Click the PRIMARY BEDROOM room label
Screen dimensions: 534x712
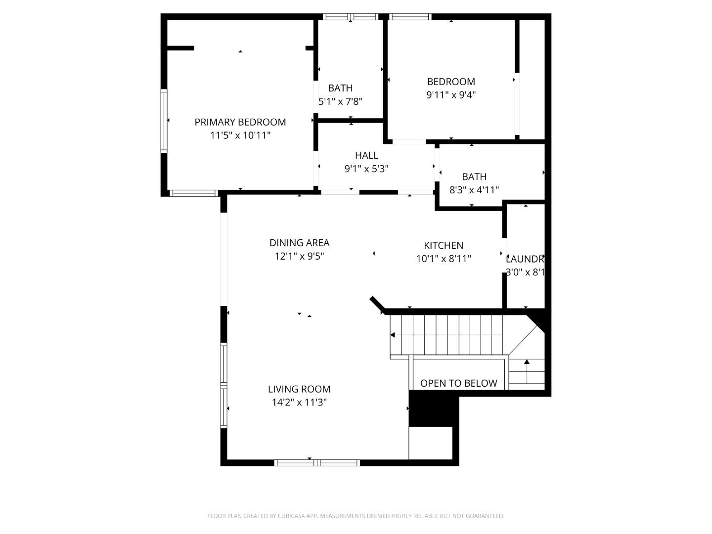point(240,122)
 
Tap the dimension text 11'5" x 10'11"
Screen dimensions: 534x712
point(240,135)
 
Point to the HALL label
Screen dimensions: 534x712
point(366,155)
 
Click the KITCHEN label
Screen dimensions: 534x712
point(444,245)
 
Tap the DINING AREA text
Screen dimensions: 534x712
point(299,243)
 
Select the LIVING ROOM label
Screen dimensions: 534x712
point(299,389)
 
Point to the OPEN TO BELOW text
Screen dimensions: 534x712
point(458,383)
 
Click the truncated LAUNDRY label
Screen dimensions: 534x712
point(525,259)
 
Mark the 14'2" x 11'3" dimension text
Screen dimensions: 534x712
point(299,402)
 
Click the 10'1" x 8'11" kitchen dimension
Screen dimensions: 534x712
point(444,259)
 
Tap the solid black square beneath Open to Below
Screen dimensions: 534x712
point(431,408)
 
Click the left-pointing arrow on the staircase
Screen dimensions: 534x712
point(393,335)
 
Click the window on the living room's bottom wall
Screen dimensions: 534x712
point(317,463)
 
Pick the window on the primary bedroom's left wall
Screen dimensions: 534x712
point(164,120)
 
